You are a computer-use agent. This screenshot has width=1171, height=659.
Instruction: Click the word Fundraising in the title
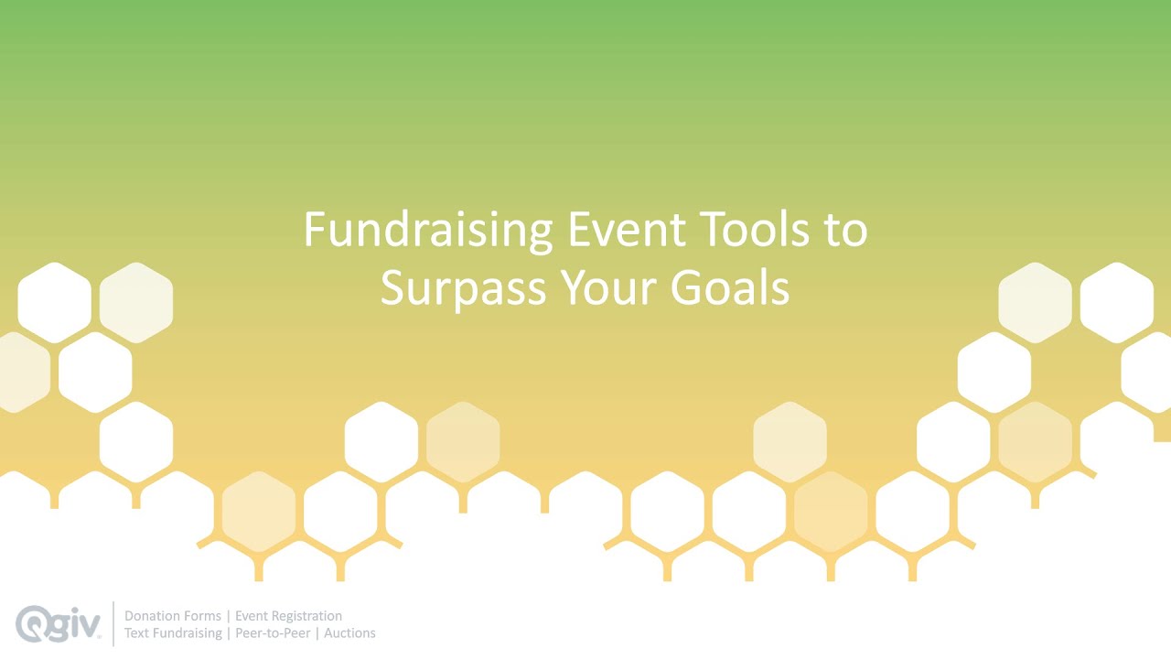point(427,230)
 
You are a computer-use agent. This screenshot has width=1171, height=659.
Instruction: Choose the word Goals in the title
point(730,287)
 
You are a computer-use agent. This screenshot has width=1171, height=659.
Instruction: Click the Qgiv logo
point(59,623)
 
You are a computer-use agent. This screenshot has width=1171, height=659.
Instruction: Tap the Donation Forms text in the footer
point(173,616)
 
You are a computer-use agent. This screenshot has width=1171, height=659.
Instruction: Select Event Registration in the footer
point(288,616)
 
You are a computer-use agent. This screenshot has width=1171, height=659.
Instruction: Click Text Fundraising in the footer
point(173,632)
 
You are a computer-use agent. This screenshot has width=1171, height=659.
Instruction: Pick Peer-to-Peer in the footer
point(273,632)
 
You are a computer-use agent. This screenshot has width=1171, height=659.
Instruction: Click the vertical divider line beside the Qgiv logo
point(113,623)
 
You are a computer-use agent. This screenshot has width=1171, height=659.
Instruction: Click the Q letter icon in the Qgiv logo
point(33,623)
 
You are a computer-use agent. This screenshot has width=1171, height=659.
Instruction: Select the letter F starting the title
point(314,230)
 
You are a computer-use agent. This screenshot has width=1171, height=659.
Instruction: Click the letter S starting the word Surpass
point(393,287)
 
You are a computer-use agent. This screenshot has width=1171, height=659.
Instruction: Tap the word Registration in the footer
point(306,616)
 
